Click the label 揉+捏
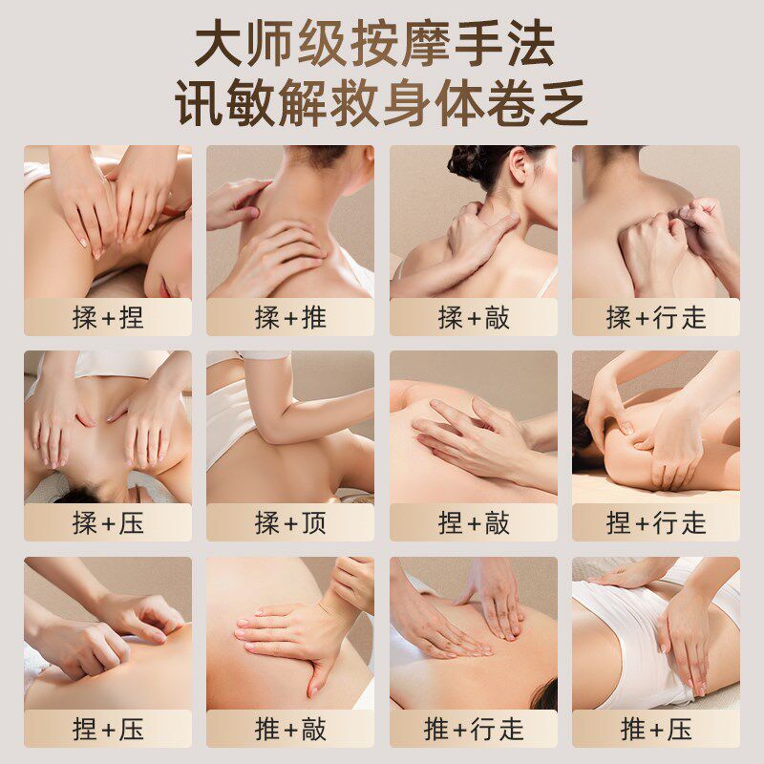[x=108, y=317]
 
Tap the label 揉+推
[x=290, y=317]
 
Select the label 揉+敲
[x=474, y=317]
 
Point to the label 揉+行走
[x=656, y=317]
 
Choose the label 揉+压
[x=108, y=522]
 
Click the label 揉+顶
[x=290, y=522]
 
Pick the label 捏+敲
[x=474, y=522]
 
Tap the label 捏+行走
[x=656, y=522]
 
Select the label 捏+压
[x=108, y=730]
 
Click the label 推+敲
[x=290, y=730]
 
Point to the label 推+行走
[x=474, y=730]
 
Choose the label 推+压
[x=656, y=730]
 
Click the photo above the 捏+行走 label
[x=656, y=426]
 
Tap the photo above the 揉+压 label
[x=108, y=426]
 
